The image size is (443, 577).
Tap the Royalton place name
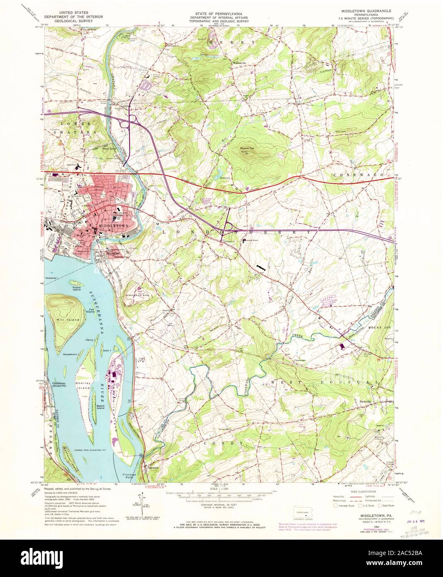pos(113,253)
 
